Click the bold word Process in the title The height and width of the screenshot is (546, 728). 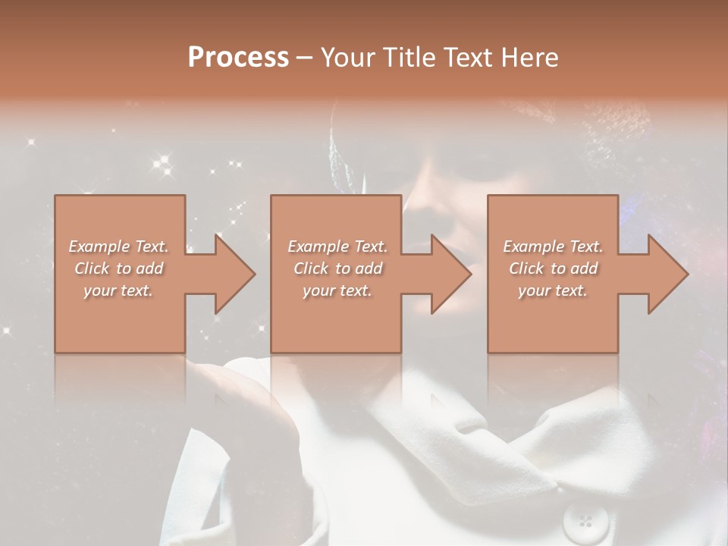(238, 58)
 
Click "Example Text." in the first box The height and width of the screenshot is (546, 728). (118, 246)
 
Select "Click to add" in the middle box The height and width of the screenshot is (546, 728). (337, 268)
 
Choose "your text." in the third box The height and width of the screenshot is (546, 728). (553, 290)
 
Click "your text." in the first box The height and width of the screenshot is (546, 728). (118, 290)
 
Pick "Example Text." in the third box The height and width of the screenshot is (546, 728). (553, 246)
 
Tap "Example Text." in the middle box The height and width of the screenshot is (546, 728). (337, 246)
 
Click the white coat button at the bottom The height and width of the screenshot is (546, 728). (585, 521)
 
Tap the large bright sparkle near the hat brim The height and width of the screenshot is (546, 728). (161, 162)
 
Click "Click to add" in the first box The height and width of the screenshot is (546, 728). (118, 268)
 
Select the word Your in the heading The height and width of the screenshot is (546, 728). (348, 58)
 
